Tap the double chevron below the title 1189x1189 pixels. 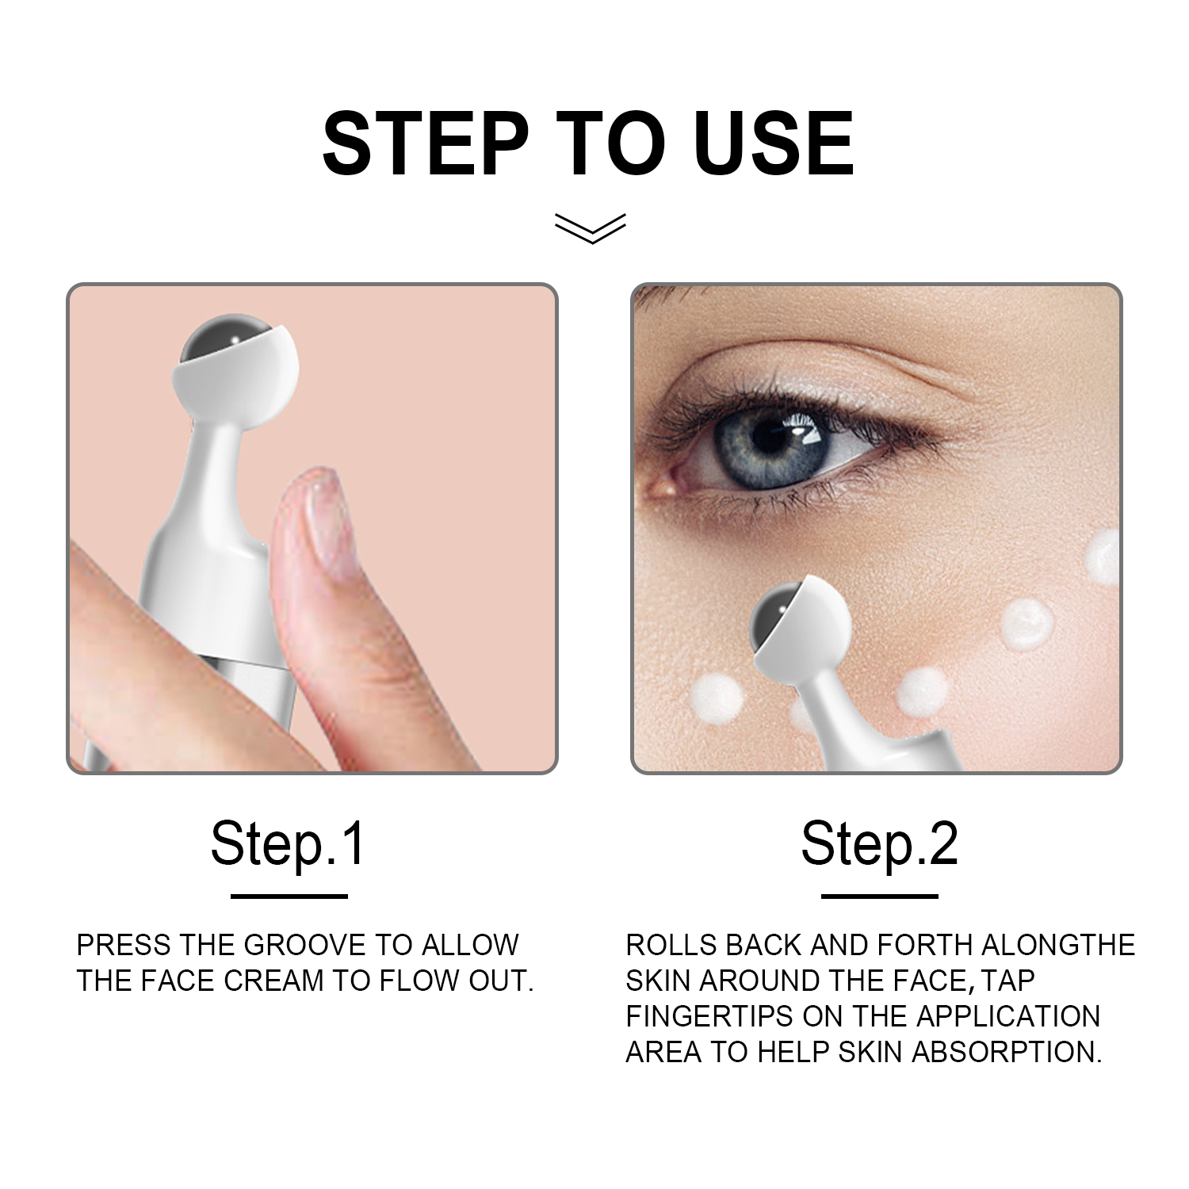coord(591,227)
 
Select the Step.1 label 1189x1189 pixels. coord(288,845)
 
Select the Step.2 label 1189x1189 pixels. coord(879,845)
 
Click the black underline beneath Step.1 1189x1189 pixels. coord(289,897)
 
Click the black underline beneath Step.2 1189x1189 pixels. coord(880,897)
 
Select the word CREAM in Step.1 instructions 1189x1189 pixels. coord(273,981)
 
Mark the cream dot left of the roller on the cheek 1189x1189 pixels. coord(717,698)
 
